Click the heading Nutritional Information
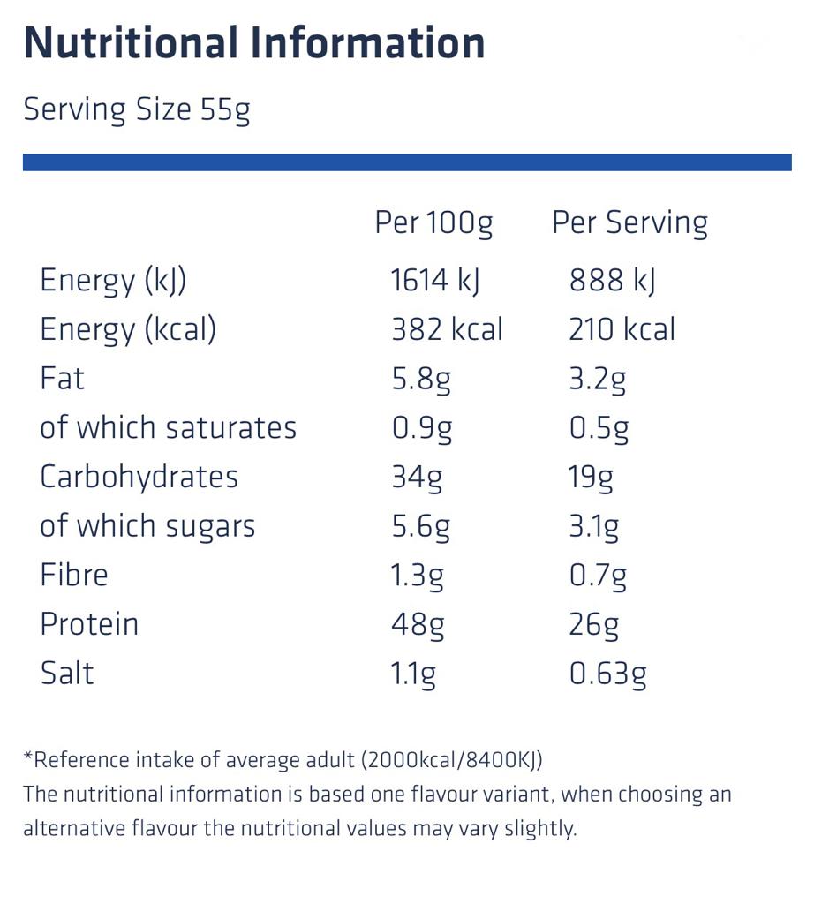pos(254,43)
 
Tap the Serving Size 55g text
pos(137,110)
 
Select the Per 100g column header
pos(433,222)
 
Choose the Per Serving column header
pos(629,222)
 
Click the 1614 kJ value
pos(434,281)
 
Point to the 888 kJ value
pos(612,281)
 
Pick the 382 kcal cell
pos(447,329)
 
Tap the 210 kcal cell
pos(622,329)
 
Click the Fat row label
pos(63,379)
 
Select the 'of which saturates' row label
pos(168,427)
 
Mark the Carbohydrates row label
pos(139,477)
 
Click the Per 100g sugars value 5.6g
pos(421,526)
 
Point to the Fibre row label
pos(74,575)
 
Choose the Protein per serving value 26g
pos(593,624)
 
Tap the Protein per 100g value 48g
pos(418,624)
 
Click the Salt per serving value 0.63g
pos(607,674)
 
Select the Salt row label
pos(67,673)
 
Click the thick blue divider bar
pos(406,162)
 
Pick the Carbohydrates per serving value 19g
pos(590,478)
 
